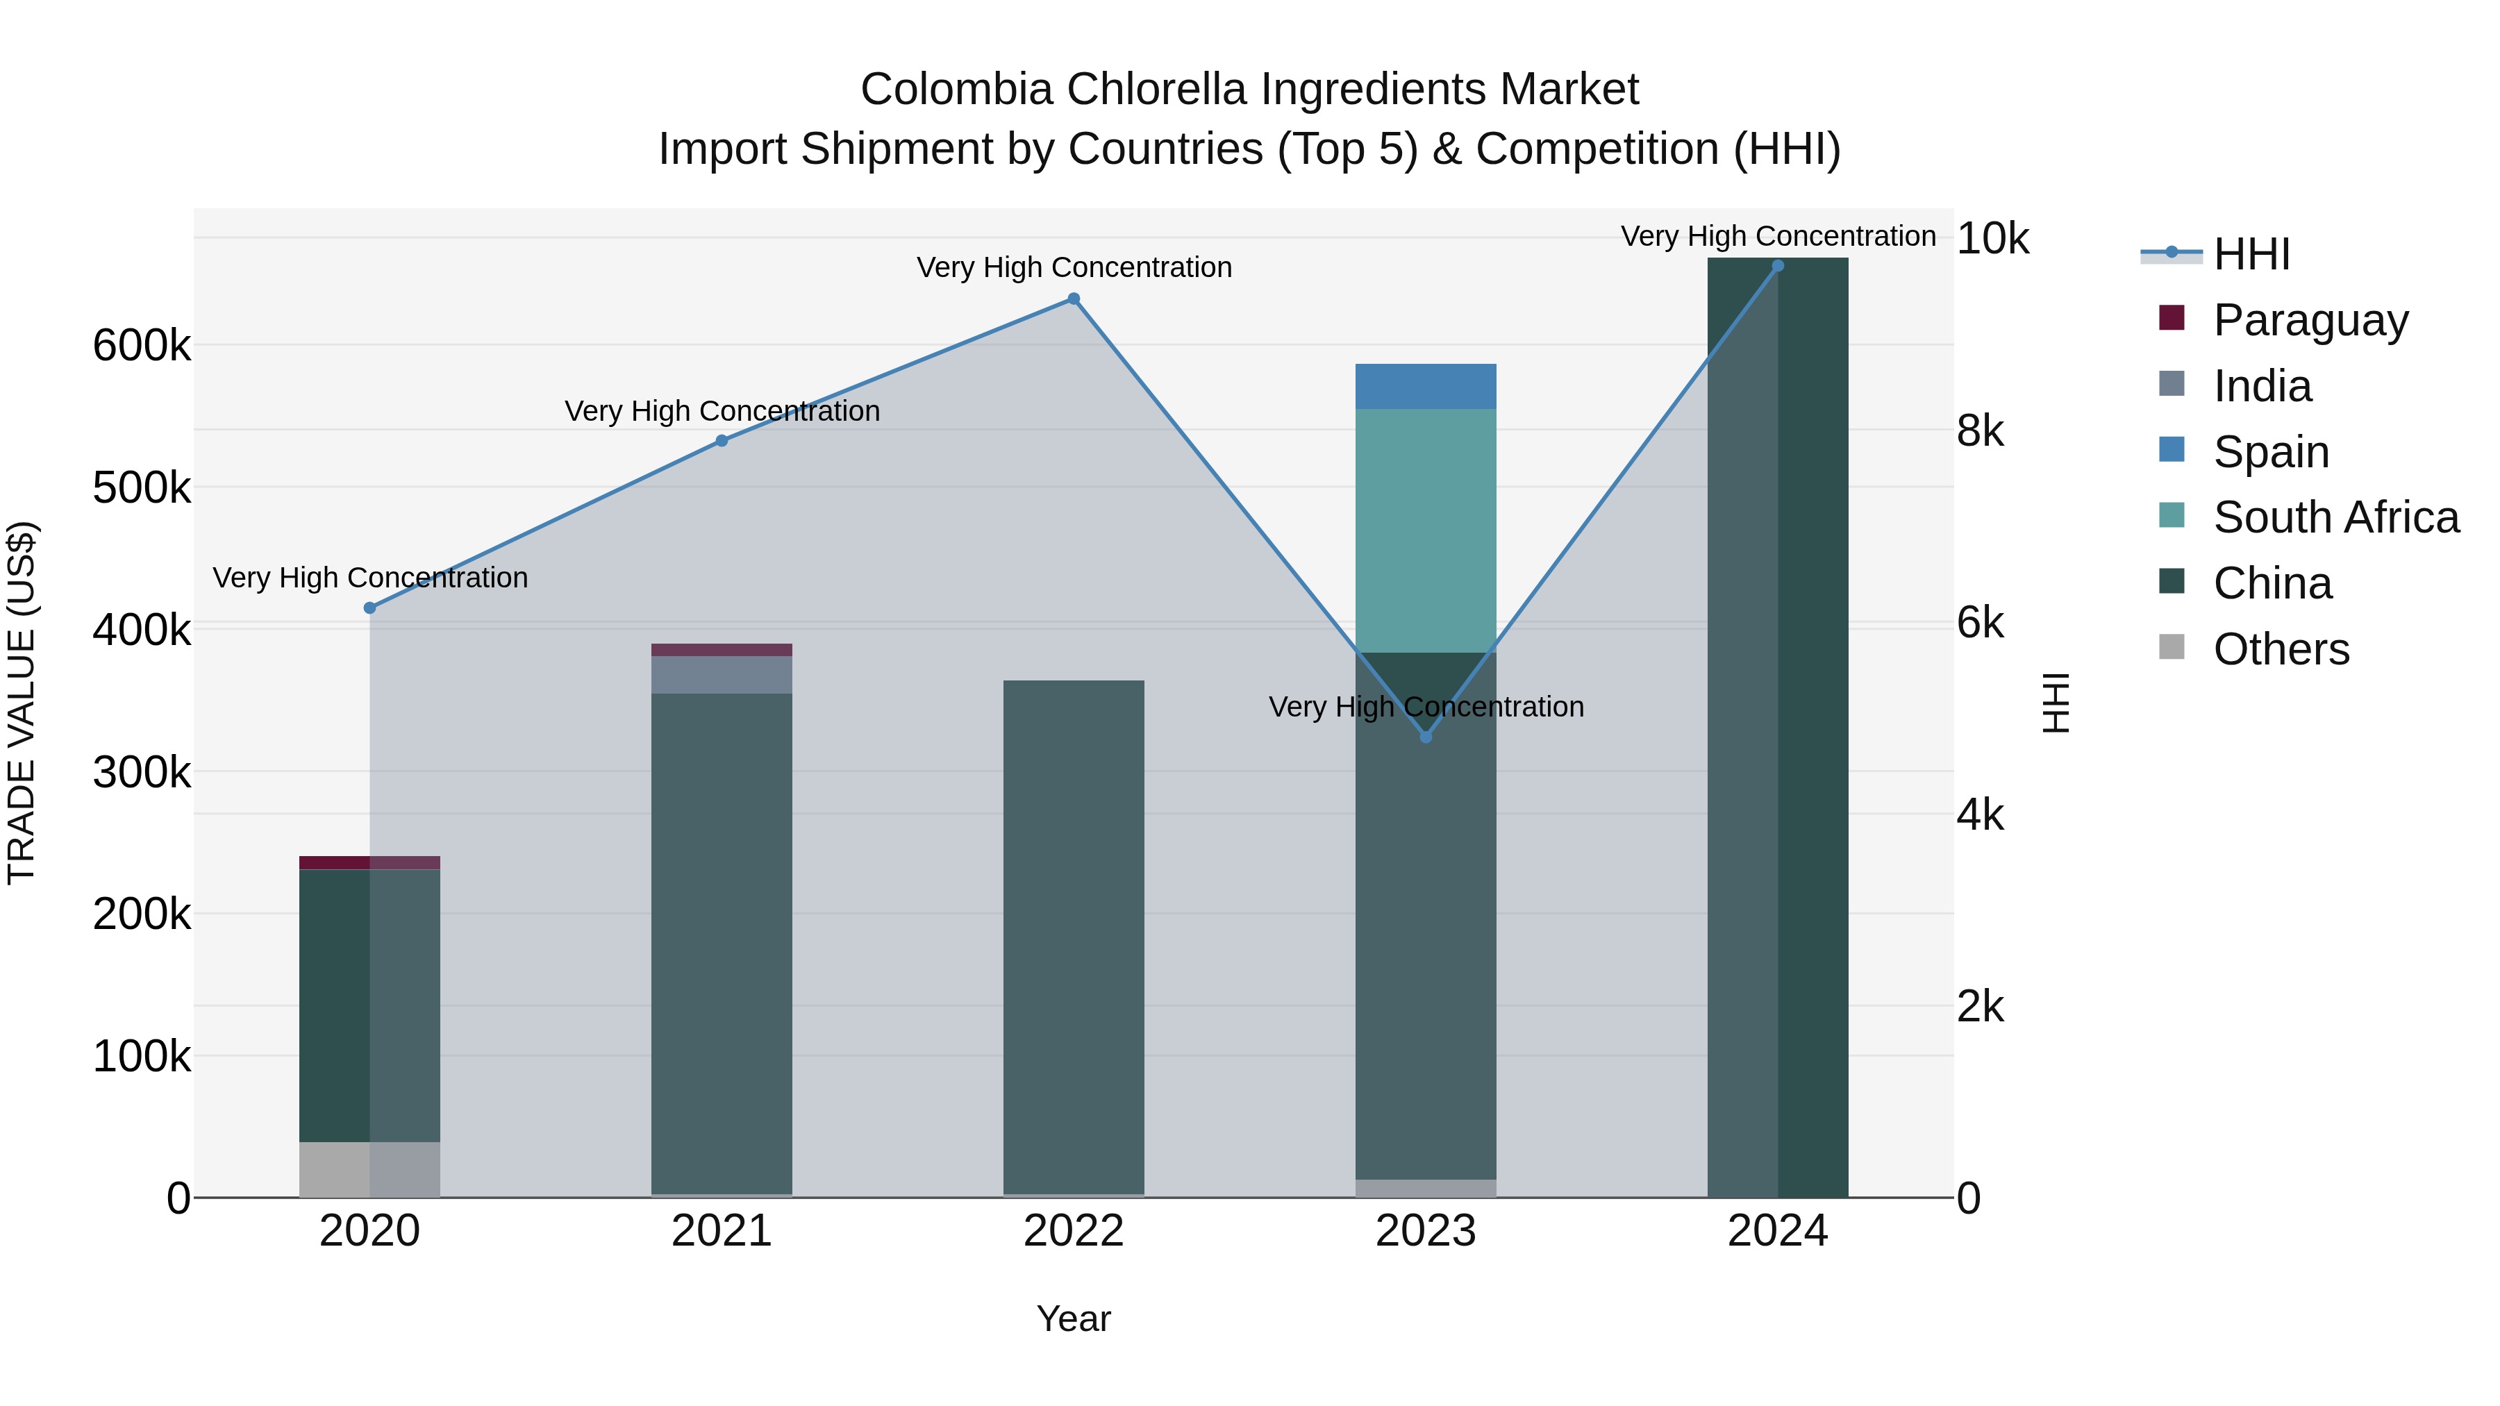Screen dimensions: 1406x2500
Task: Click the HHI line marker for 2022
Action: click(1074, 299)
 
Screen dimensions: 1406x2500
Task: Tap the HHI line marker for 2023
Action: click(1426, 737)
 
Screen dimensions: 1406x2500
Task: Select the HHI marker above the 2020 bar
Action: click(369, 608)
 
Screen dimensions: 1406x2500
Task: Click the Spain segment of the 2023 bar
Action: click(1426, 386)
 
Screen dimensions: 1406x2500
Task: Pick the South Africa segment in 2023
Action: click(1426, 530)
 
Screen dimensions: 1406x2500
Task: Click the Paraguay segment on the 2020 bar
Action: click(369, 862)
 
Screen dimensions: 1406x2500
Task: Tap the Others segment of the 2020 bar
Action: click(369, 1169)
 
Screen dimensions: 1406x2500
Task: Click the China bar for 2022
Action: click(1074, 937)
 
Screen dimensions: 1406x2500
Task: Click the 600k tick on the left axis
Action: click(142, 346)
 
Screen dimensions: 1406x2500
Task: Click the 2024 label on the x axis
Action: click(1777, 1231)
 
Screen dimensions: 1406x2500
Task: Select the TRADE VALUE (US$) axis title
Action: click(22, 703)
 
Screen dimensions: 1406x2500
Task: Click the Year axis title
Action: click(1074, 1319)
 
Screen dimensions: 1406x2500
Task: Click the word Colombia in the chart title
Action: click(956, 90)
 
